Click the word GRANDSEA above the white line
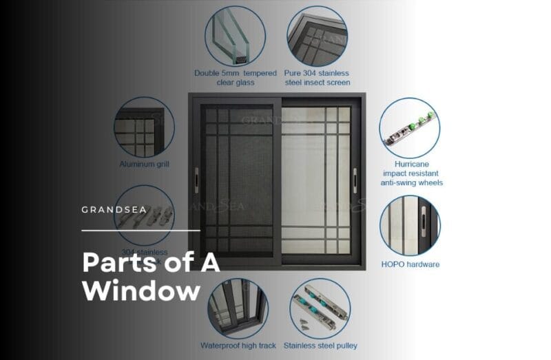(x=114, y=209)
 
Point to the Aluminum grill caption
(x=144, y=165)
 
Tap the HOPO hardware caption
(x=410, y=264)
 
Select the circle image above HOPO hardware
(x=410, y=226)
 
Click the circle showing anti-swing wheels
(x=410, y=127)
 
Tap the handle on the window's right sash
(x=355, y=178)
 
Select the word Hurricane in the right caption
(x=411, y=165)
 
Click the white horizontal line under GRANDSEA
(x=141, y=230)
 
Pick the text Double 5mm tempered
(x=235, y=73)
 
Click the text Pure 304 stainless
(x=317, y=73)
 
